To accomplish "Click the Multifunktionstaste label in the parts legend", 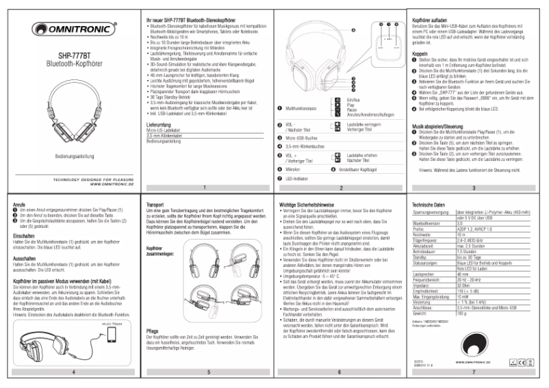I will pyautogui.click(x=305, y=108).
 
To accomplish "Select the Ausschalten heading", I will pyautogui.click(x=25, y=259).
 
